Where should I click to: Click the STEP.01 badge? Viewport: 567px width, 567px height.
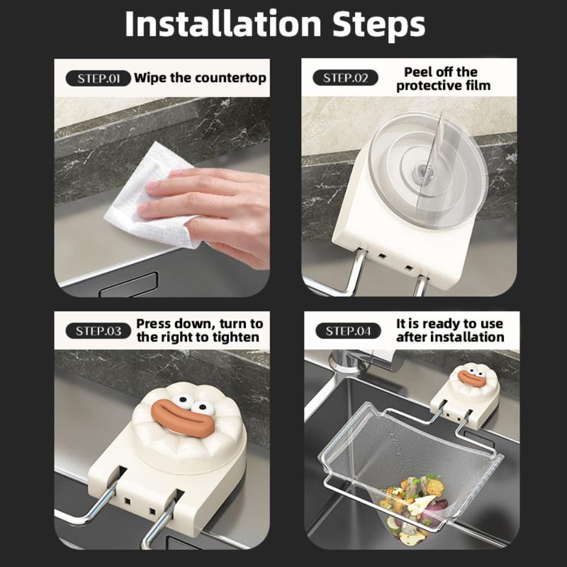98,78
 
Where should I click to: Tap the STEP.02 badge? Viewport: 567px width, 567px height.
345,78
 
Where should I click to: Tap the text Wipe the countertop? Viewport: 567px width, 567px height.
200,78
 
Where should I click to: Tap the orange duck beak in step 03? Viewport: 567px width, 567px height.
183,418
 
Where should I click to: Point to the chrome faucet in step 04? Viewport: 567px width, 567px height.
352,369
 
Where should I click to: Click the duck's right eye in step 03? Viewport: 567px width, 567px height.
202,408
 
